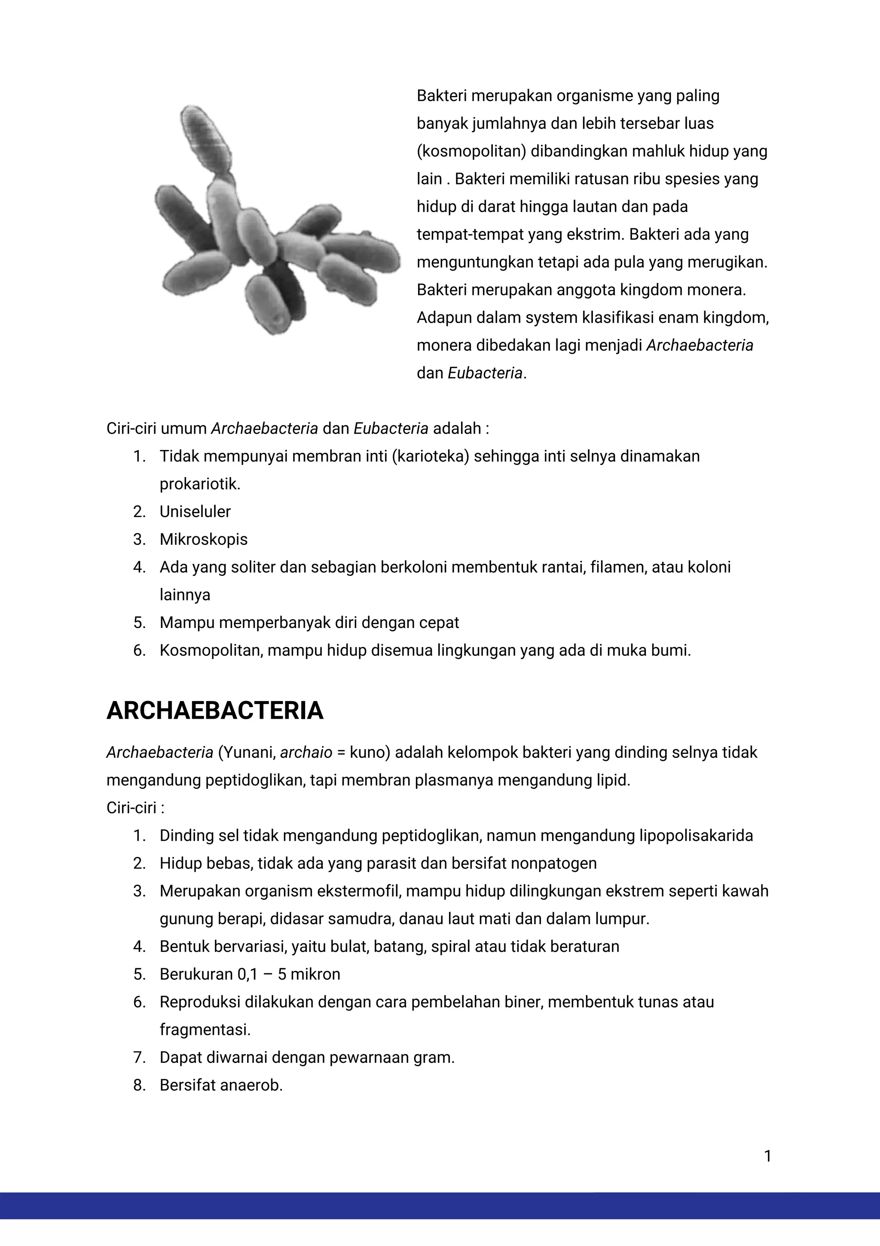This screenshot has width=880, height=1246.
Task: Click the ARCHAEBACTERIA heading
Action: pos(215,711)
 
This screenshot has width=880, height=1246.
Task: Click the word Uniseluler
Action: pos(195,511)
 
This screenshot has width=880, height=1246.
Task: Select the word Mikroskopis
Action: pos(203,539)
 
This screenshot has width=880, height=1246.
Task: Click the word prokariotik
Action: pos(199,483)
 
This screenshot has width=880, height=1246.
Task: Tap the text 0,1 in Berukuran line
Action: pos(247,974)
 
